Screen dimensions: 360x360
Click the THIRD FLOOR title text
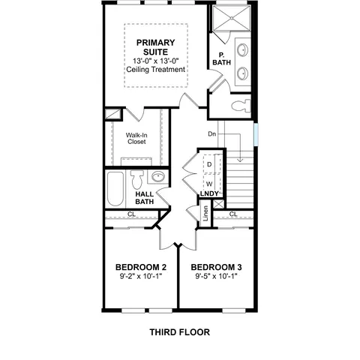click(180, 332)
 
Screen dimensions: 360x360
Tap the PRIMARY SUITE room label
click(155, 47)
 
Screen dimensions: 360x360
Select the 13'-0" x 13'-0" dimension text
click(156, 61)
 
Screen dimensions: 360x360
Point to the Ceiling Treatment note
click(156, 70)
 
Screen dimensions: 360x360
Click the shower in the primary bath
click(231, 18)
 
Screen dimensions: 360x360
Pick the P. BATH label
click(221, 58)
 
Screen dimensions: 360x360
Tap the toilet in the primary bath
click(241, 106)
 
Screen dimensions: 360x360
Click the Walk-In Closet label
click(136, 139)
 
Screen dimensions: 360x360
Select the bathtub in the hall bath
click(115, 188)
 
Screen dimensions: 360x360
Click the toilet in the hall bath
click(137, 179)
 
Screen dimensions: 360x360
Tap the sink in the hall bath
click(158, 176)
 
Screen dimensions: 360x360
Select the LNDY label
click(209, 193)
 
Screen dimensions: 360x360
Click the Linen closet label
click(205, 213)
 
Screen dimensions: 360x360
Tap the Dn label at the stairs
click(212, 134)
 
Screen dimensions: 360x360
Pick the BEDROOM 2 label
click(141, 267)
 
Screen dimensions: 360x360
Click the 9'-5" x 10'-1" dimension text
click(216, 276)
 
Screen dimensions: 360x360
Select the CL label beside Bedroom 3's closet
click(233, 214)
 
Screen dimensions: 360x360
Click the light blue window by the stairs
click(256, 134)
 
